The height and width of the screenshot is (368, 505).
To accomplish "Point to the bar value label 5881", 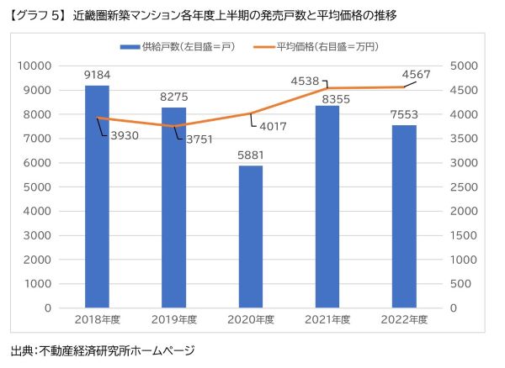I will pos(250,155).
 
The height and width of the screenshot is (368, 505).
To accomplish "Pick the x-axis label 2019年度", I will pos(173,320).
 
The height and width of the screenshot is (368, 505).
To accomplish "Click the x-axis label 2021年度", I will pos(327,320).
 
